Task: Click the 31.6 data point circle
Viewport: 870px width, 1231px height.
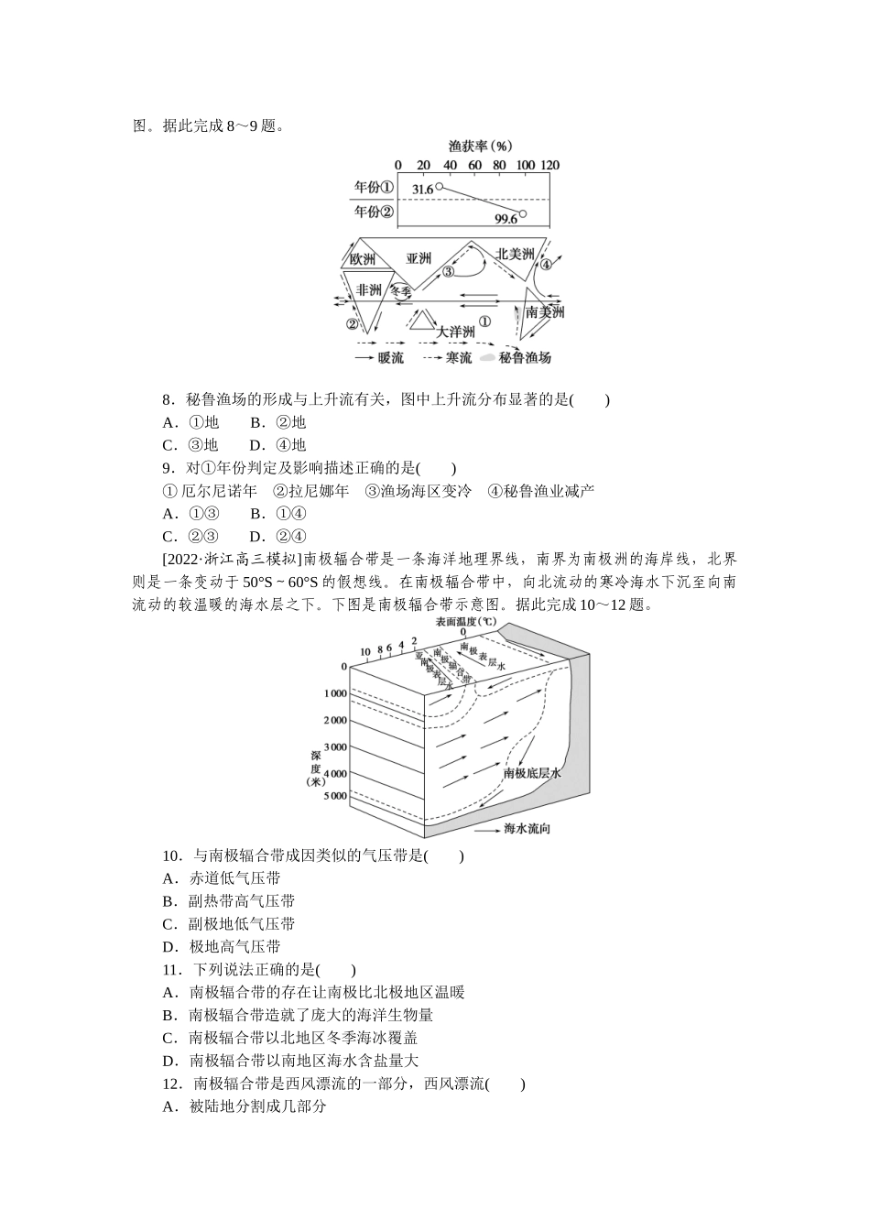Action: pos(440,187)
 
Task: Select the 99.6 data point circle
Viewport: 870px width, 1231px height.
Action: pos(524,215)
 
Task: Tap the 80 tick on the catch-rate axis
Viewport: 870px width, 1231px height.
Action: pos(499,165)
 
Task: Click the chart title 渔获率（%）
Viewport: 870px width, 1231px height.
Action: pos(480,145)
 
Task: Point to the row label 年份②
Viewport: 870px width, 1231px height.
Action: pos(374,212)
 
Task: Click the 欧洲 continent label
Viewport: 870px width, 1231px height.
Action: pos(363,258)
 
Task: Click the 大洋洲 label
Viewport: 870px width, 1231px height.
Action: pos(455,332)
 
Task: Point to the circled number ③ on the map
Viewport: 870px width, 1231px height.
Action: pos(448,272)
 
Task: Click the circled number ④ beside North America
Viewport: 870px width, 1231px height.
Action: pos(547,265)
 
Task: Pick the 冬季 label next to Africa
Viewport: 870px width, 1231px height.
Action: pos(401,290)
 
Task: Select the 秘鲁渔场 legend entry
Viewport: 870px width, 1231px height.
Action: pos(526,358)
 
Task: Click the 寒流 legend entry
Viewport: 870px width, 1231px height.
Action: pos(459,358)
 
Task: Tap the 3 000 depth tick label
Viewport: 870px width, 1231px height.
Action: pos(334,746)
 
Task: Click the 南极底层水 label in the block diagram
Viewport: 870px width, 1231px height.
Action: pos(531,773)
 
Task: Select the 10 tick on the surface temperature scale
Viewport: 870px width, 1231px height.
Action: pos(364,652)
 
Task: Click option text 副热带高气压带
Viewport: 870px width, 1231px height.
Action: pos(241,901)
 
